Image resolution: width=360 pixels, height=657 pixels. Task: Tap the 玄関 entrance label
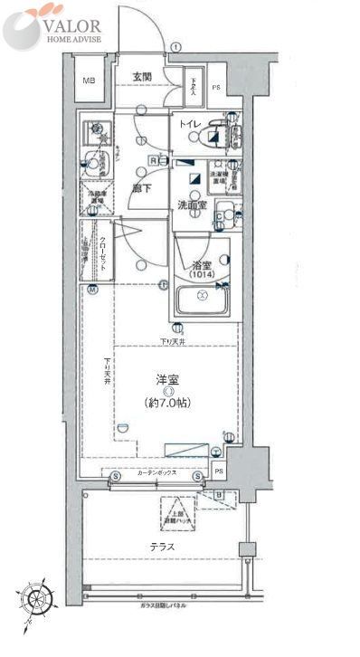click(137, 75)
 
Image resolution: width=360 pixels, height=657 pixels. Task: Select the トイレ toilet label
click(189, 123)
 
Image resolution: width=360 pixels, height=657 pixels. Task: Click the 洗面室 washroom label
click(191, 205)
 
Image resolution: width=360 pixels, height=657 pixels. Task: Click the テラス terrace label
click(162, 547)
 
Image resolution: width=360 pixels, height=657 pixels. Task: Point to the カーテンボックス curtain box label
click(156, 473)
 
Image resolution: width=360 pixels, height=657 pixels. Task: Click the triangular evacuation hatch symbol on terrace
click(177, 514)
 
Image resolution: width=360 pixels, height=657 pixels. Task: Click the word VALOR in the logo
click(72, 27)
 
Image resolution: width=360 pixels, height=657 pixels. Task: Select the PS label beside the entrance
click(216, 88)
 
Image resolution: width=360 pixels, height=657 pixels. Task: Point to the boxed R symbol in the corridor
click(154, 161)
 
